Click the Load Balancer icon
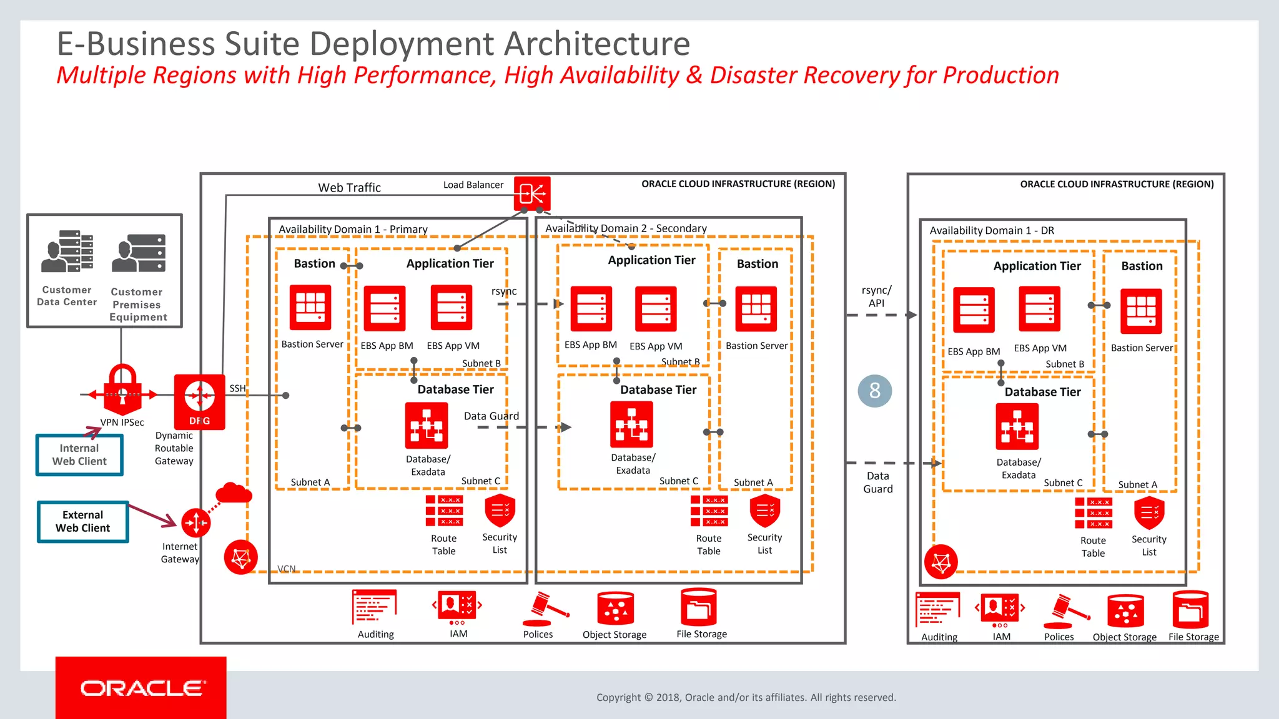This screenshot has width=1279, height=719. coord(532,193)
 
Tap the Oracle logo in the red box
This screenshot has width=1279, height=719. coord(142,688)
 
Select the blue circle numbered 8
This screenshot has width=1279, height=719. coord(874,391)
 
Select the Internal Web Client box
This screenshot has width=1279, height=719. coord(79,455)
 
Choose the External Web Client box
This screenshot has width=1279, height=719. coord(82,521)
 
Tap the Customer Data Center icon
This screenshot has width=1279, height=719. coord(67,252)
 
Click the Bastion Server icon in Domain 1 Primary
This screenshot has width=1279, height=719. coord(310,308)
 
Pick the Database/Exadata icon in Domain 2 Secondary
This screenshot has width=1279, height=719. coord(631,424)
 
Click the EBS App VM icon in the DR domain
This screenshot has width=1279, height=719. coord(1039,309)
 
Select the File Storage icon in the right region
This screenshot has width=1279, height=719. coord(1190,610)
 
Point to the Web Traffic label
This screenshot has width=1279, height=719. coord(349,187)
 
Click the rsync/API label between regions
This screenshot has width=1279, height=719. coord(876,296)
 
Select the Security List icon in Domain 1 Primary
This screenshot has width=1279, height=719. coord(500,511)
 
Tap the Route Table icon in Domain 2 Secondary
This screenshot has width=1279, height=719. coord(709,511)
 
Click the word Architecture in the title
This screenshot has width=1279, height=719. coord(596,44)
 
